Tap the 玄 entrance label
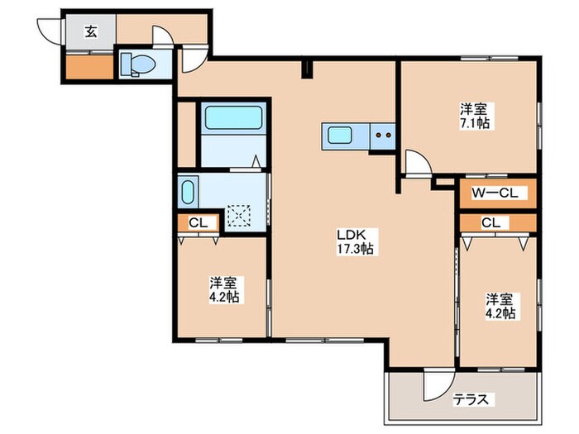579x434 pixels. click(90, 32)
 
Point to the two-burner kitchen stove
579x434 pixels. click(382, 135)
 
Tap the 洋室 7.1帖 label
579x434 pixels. click(475, 116)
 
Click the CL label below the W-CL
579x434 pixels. click(490, 222)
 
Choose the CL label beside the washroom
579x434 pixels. click(197, 222)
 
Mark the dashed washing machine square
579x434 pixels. click(240, 215)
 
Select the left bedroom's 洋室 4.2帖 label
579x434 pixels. click(223, 289)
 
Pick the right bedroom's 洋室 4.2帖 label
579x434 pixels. click(500, 306)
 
